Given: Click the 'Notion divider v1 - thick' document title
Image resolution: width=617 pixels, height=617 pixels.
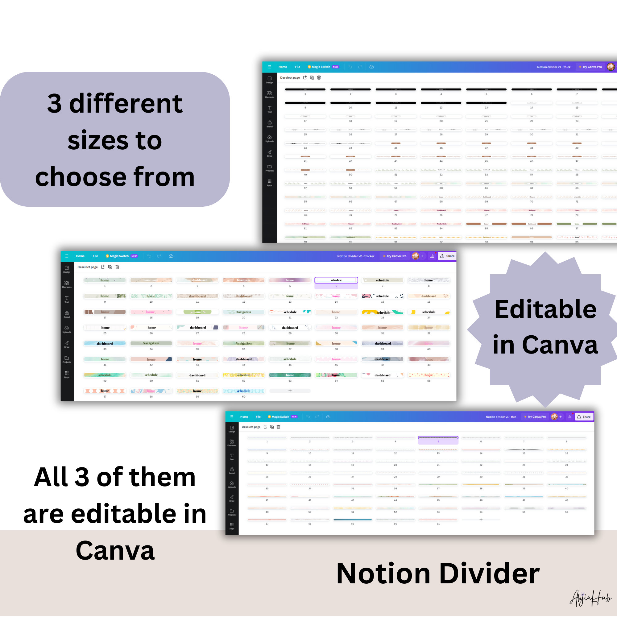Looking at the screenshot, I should tap(553, 67).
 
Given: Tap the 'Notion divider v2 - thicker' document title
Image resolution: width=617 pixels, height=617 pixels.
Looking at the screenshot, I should tap(355, 256).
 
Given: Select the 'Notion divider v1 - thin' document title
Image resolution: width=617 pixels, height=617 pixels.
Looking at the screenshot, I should tap(501, 417).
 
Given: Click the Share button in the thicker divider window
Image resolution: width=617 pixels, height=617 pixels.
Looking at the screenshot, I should tap(447, 256).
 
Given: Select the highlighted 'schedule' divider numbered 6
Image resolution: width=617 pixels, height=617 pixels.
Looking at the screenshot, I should tap(336, 280).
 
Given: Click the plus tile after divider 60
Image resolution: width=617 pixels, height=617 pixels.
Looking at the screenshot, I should tap(290, 391).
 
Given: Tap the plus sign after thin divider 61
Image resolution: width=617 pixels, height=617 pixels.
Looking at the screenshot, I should tap(481, 520).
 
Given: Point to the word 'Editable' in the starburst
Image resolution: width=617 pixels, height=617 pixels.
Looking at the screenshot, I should tap(545, 309).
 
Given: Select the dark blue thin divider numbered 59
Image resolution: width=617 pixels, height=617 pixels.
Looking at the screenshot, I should tap(352, 520).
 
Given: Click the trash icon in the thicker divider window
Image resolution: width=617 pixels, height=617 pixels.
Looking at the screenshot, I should tap(117, 267).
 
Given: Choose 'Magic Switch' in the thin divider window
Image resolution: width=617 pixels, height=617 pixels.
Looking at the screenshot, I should tap(280, 417).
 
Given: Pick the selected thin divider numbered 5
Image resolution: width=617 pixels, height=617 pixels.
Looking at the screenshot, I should tap(438, 437).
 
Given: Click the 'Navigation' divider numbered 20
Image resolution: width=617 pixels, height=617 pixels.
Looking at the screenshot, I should tap(243, 312).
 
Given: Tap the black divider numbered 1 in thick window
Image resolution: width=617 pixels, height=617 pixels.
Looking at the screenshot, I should tap(305, 89).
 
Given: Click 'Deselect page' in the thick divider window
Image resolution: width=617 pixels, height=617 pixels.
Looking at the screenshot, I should tap(290, 78).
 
